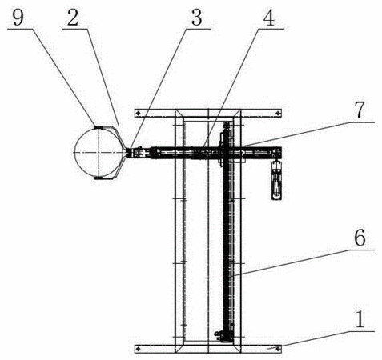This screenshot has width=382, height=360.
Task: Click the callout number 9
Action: click(18, 18)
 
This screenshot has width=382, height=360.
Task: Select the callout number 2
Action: click(73, 18)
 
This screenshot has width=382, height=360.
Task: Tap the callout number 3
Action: click(197, 18)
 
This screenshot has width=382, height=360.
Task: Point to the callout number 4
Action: click(268, 18)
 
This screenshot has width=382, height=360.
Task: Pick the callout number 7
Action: click(360, 110)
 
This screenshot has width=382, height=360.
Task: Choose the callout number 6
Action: click(360, 238)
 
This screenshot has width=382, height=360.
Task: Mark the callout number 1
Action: click(360, 319)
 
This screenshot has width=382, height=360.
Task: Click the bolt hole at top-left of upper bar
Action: click(138, 114)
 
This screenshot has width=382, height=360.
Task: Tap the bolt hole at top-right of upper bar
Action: click(278, 114)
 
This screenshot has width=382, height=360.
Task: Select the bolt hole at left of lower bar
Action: click(138, 348)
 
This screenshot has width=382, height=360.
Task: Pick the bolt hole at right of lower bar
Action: click(278, 348)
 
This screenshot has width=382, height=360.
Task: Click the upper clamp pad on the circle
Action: click(99, 127)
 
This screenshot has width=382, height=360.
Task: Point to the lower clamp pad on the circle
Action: click(99, 178)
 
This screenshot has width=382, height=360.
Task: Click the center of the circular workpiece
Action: click(99, 152)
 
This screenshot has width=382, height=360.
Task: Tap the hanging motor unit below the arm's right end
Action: click(276, 180)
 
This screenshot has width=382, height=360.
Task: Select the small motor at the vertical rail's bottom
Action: click(219, 336)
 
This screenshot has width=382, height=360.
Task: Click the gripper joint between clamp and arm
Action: click(129, 153)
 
